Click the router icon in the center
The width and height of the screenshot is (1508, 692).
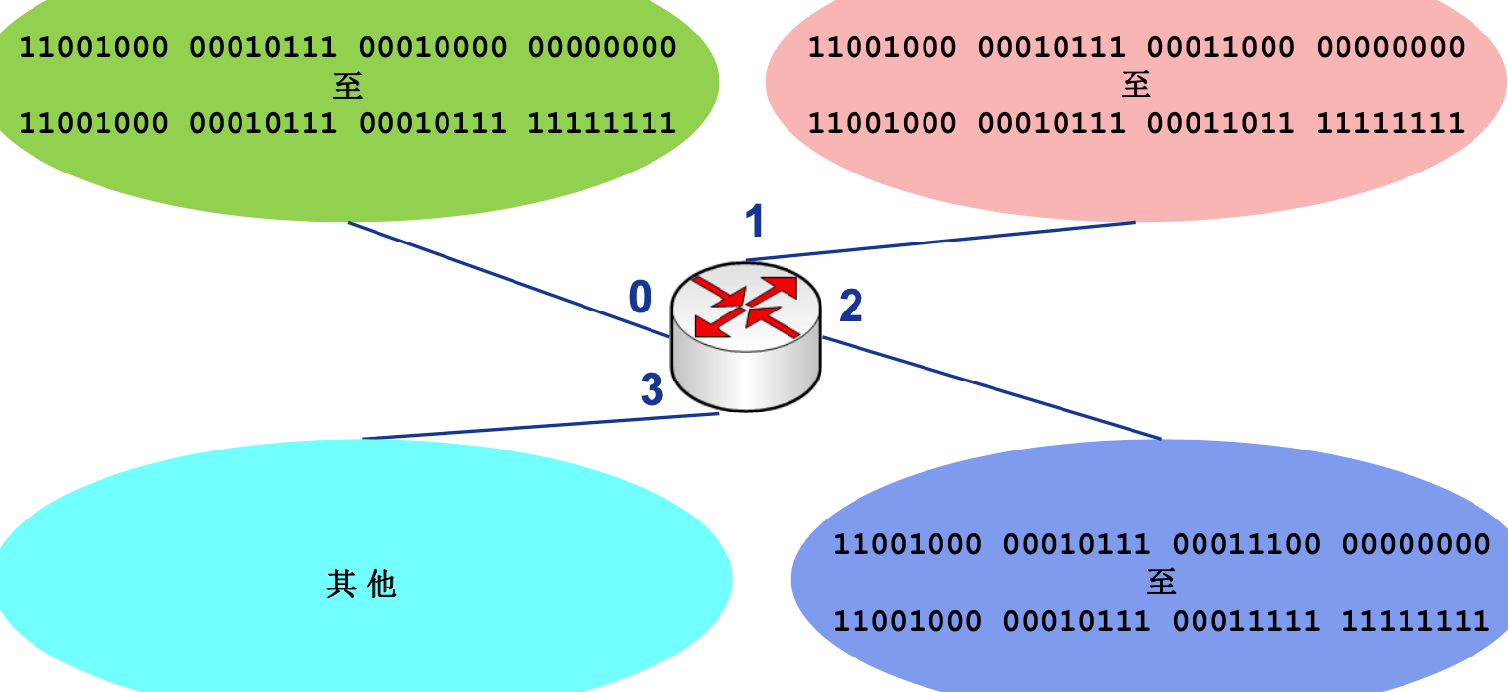(745, 335)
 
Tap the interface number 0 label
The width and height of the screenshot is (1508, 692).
(641, 297)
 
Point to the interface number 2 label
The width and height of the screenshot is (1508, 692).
(851, 307)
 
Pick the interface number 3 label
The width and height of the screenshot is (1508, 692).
(651, 390)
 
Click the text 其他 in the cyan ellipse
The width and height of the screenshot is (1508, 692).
(361, 585)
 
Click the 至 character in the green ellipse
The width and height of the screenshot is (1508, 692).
(348, 86)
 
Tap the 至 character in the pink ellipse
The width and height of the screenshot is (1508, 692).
(1136, 86)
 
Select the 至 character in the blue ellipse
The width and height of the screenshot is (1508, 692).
(1162, 582)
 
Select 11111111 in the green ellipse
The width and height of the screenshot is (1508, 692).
(602, 123)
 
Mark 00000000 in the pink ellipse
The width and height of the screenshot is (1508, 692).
(1391, 47)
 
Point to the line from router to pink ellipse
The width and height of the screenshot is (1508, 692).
(941, 242)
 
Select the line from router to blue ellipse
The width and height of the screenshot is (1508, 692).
(991, 387)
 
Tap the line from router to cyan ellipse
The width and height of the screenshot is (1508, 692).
(540, 426)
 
